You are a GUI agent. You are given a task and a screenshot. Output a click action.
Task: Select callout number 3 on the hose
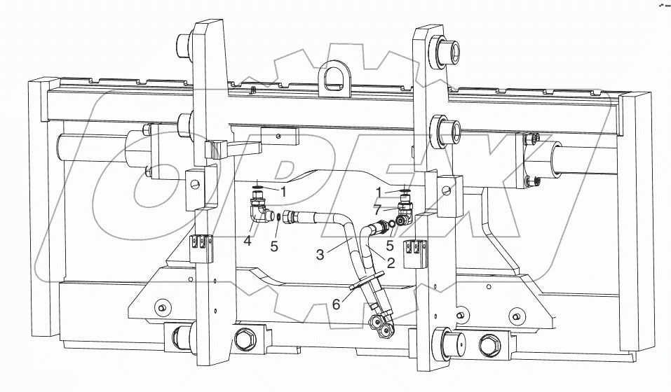tap(320, 255)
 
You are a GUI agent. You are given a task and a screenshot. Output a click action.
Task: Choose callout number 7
tap(379, 209)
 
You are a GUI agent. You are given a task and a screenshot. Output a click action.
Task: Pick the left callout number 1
tap(283, 190)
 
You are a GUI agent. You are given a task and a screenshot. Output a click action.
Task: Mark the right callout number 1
tap(379, 192)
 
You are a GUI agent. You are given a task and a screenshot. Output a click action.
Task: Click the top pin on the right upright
tap(446, 51)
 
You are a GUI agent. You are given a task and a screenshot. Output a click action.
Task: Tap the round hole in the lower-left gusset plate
tap(162, 306)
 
